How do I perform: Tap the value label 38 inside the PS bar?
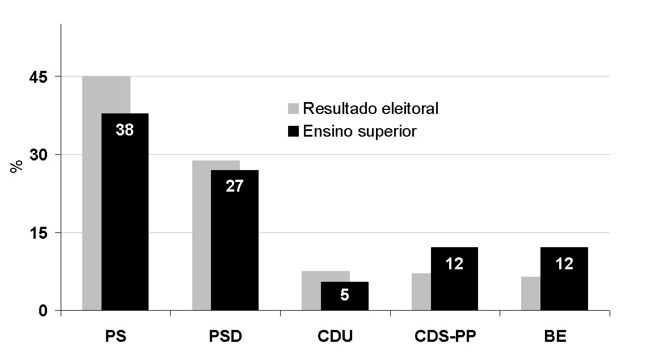pyautogui.click(x=125, y=130)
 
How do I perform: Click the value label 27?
pyautogui.click(x=234, y=187)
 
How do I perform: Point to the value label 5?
pyautogui.click(x=344, y=295)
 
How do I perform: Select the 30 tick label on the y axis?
pyautogui.click(x=43, y=155)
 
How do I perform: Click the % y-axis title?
pyautogui.click(x=17, y=166)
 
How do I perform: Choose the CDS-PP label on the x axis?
pyautogui.click(x=446, y=337)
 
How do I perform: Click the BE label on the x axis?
pyautogui.click(x=556, y=337)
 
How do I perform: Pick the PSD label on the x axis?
pyautogui.click(x=226, y=337)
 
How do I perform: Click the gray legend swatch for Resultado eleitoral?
pyautogui.click(x=293, y=109)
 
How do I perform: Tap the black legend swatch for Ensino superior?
pyautogui.click(x=293, y=132)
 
